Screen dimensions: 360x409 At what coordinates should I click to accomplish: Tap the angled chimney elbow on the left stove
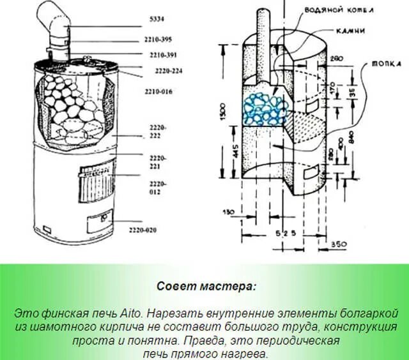(x=53, y=22)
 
